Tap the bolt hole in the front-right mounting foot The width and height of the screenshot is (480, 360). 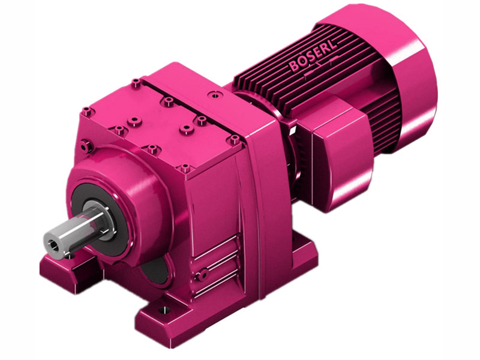tap(162, 312)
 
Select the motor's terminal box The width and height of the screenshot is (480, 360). tap(336, 135)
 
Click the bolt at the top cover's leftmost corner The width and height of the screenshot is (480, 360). tap(88, 112)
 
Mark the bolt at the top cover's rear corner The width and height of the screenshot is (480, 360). tap(137, 82)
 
